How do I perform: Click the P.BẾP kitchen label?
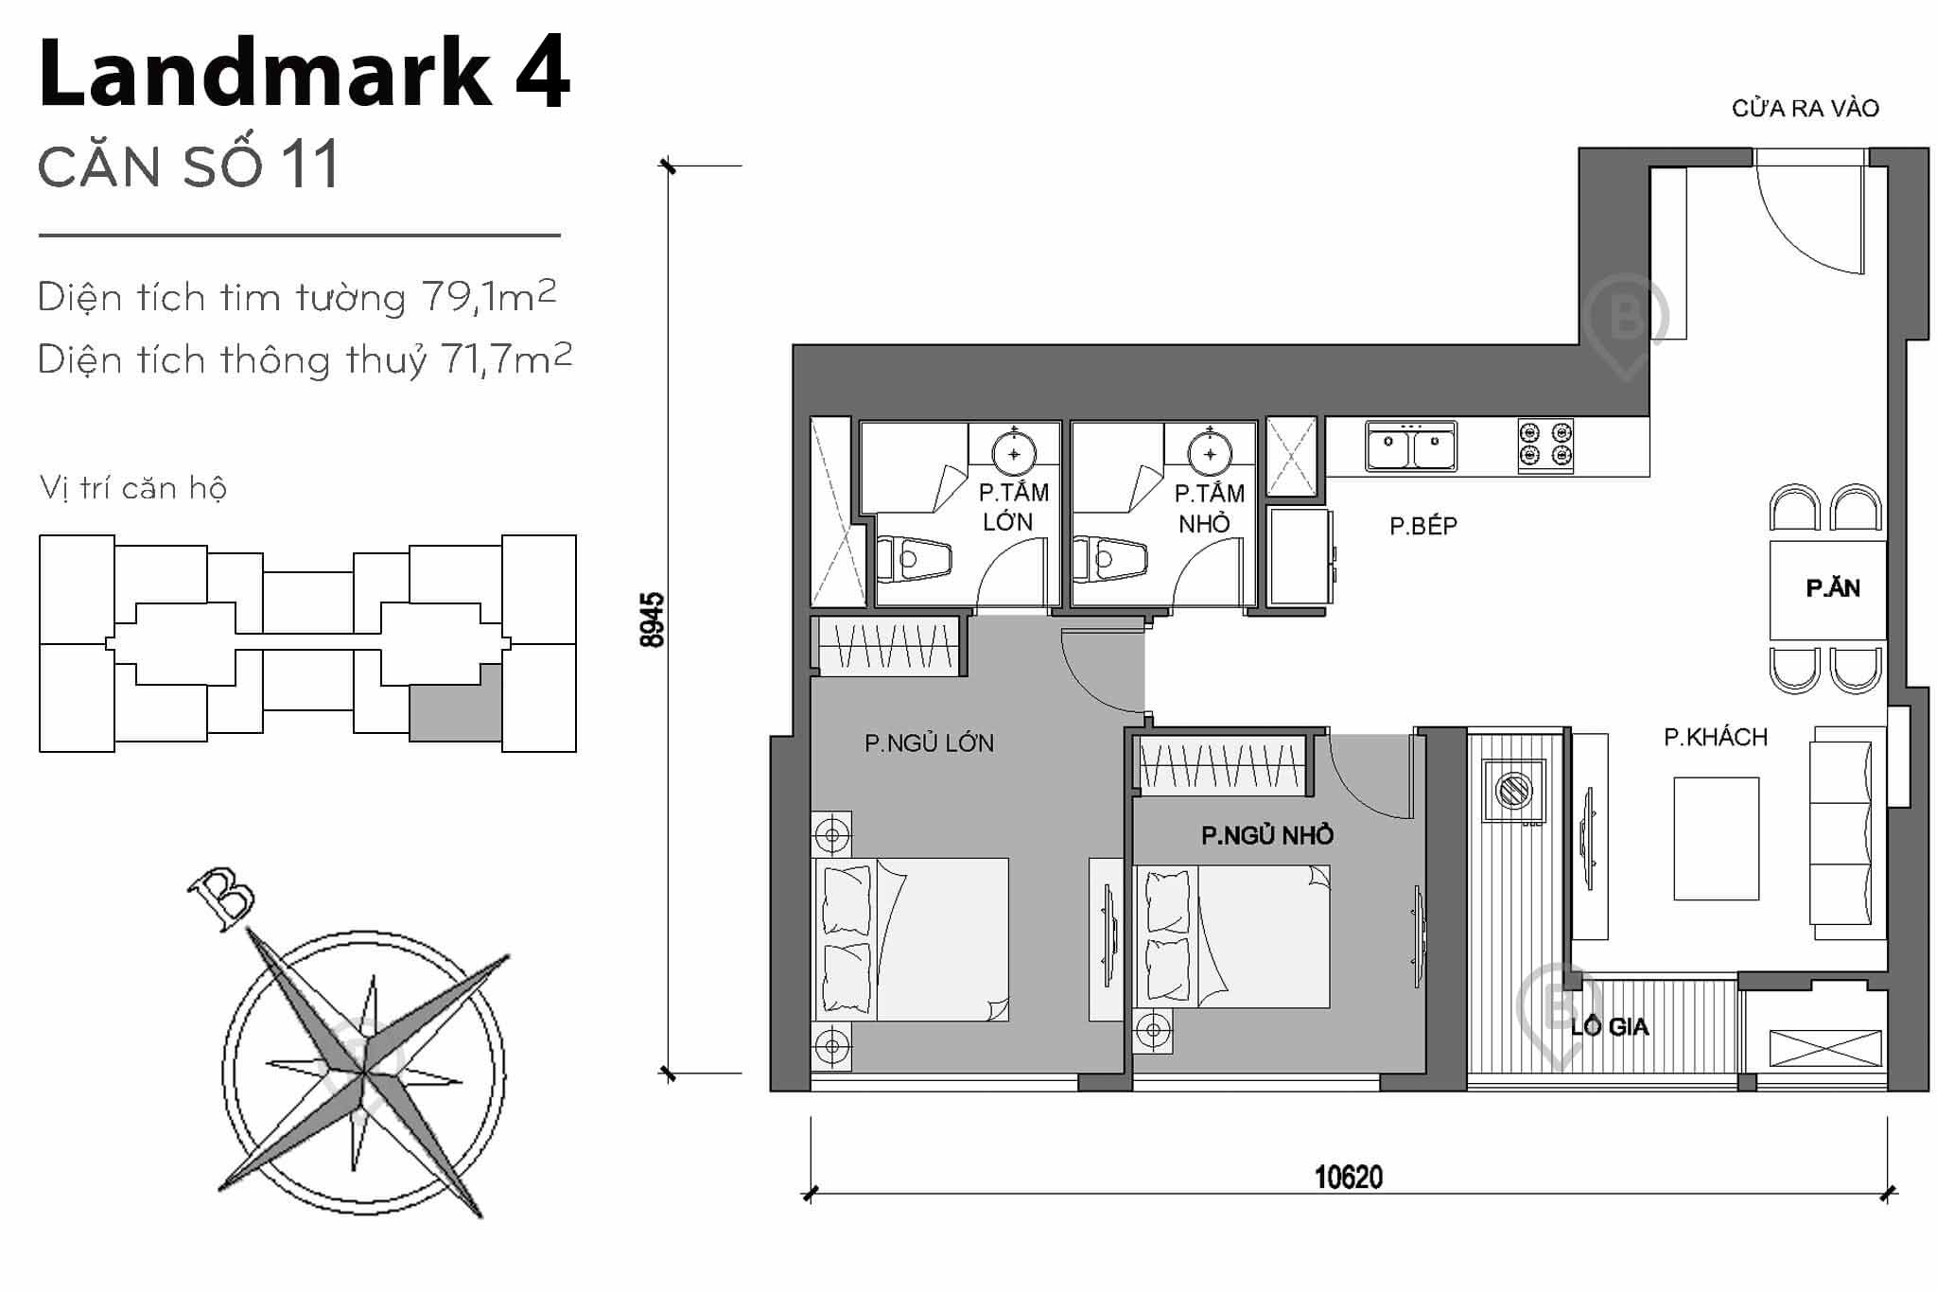(1422, 526)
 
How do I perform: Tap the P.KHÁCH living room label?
(1715, 737)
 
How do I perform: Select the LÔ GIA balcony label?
(1609, 1026)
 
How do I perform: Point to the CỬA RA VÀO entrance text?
(1805, 109)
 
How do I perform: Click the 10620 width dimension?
(1348, 1178)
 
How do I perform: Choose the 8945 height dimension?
(652, 620)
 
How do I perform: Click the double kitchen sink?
(1410, 445)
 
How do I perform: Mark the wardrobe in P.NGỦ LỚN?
(887, 646)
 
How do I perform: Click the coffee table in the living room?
(1716, 838)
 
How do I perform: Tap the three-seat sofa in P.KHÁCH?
(1841, 832)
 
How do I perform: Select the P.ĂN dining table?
(1827, 588)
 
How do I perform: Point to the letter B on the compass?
(221, 899)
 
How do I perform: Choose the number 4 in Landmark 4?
(543, 74)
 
